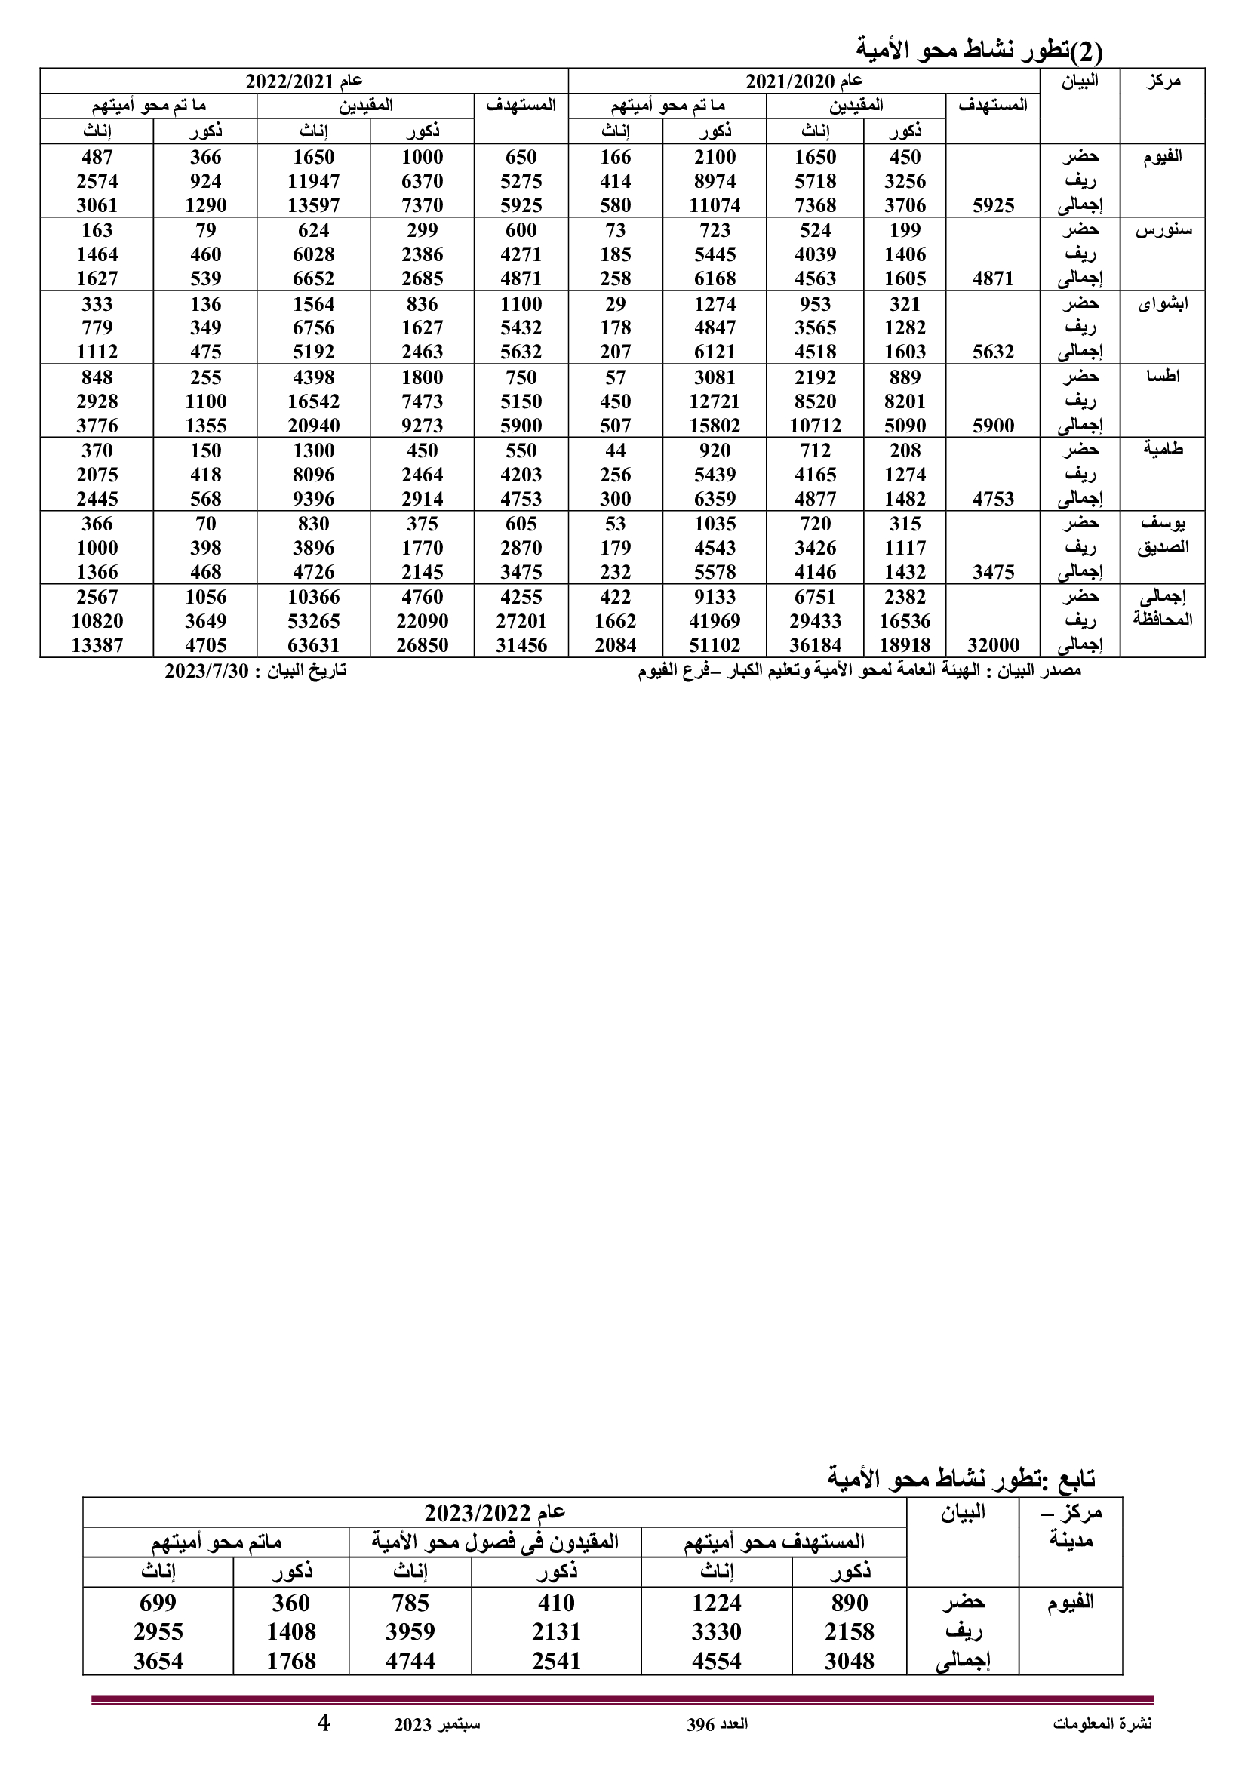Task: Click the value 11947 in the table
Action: [x=314, y=181]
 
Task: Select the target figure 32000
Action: [x=993, y=645]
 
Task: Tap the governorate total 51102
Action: [x=715, y=645]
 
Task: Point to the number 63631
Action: [x=314, y=645]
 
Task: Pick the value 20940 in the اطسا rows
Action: [x=314, y=425]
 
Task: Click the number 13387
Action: [x=97, y=645]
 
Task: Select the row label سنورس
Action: [x=1162, y=231]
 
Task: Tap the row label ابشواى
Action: [x=1162, y=303]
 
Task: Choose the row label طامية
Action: [x=1162, y=450]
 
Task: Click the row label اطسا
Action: [x=1162, y=377]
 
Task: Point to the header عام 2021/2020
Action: [x=804, y=81]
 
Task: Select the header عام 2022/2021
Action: [x=303, y=81]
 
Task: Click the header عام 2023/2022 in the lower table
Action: [x=494, y=1513]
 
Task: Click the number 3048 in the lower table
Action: [x=849, y=1661]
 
